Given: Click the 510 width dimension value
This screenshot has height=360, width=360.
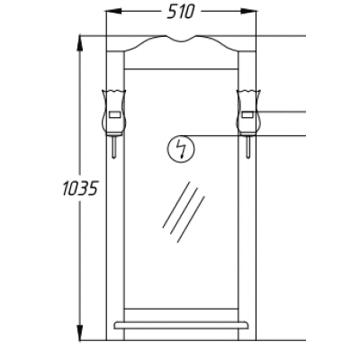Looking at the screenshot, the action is tap(181, 12).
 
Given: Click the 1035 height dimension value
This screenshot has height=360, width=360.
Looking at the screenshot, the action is tap(80, 189).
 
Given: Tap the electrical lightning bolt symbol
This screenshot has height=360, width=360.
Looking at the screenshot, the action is tap(181, 148).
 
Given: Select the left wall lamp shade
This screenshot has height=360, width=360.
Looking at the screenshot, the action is tap(113, 112).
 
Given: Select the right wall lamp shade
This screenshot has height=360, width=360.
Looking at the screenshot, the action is tap(248, 112).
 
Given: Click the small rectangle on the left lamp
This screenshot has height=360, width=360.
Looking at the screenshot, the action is tap(115, 114).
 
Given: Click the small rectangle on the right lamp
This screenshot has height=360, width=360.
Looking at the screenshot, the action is tap(248, 114).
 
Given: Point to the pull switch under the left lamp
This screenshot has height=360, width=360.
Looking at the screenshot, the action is tap(114, 146).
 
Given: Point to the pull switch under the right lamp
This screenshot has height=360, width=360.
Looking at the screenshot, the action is tap(248, 146).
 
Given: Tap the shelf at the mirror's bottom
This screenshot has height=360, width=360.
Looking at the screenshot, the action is tap(181, 326).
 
